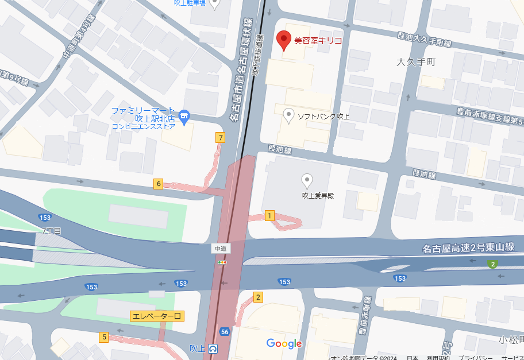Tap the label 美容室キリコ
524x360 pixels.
(x=318, y=41)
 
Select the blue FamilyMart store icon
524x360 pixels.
(x=184, y=117)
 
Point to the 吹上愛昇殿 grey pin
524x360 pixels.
(x=307, y=181)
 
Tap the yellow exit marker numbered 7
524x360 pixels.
(x=220, y=137)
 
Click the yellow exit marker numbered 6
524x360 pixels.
(x=159, y=184)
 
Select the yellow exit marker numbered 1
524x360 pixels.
(x=269, y=215)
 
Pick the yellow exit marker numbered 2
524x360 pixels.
(x=258, y=297)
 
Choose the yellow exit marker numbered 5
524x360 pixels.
(x=104, y=337)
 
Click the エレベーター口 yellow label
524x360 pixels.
(x=157, y=316)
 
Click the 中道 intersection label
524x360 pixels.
(x=220, y=249)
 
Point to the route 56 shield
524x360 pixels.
(x=225, y=332)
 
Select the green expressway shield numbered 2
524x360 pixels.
(x=492, y=264)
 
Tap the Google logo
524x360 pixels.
(x=284, y=343)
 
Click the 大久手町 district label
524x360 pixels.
(x=417, y=61)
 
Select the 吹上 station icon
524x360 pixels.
(x=213, y=348)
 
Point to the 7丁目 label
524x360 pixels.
(x=52, y=231)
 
